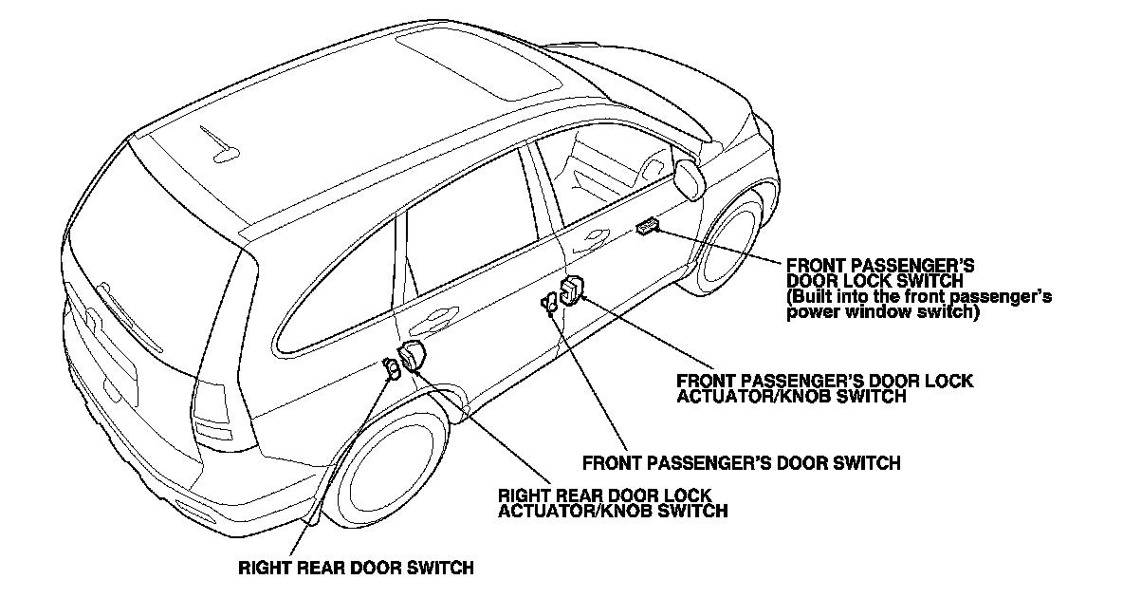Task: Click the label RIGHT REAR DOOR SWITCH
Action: pos(356,569)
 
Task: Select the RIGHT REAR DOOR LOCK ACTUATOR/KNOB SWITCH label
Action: pos(614,503)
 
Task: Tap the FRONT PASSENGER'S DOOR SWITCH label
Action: pos(741,463)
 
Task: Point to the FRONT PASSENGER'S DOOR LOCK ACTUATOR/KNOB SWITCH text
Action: pos(824,388)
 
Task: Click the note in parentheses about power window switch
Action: pos(919,304)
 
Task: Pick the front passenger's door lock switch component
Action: pos(649,225)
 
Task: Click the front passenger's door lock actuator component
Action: pos(573,290)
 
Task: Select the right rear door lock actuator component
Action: pos(413,355)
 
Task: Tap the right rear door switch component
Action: pos(391,366)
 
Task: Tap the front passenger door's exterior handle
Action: pos(596,235)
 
